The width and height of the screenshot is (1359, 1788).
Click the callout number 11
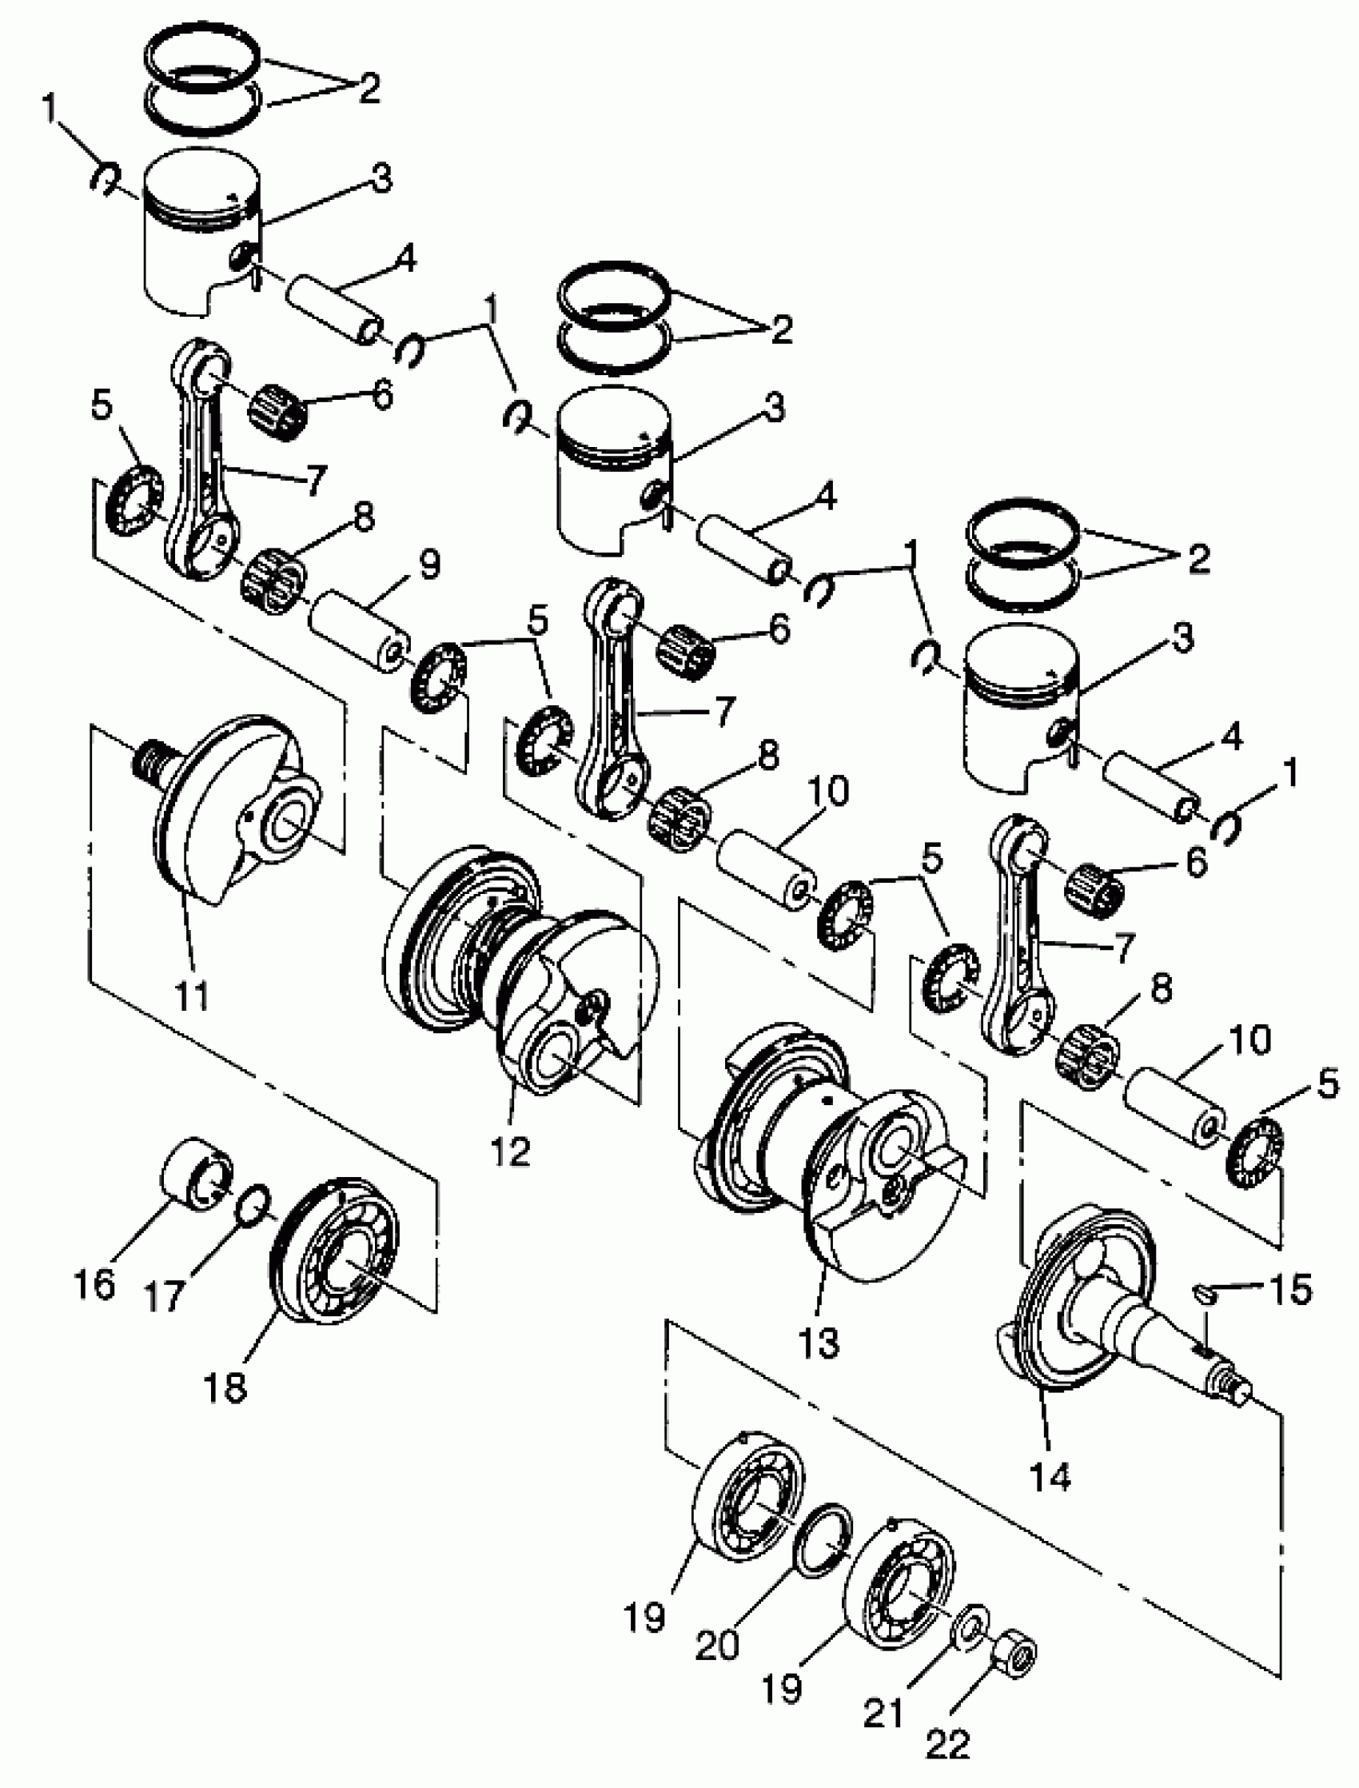[x=193, y=994]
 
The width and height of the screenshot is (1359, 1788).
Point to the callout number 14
[x=1050, y=1476]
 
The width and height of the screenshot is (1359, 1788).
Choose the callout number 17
[x=165, y=1296]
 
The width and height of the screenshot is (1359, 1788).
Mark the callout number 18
[x=225, y=1387]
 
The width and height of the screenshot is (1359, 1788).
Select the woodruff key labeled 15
[x=1206, y=1294]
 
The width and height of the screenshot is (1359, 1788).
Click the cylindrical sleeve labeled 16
[x=197, y=1173]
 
